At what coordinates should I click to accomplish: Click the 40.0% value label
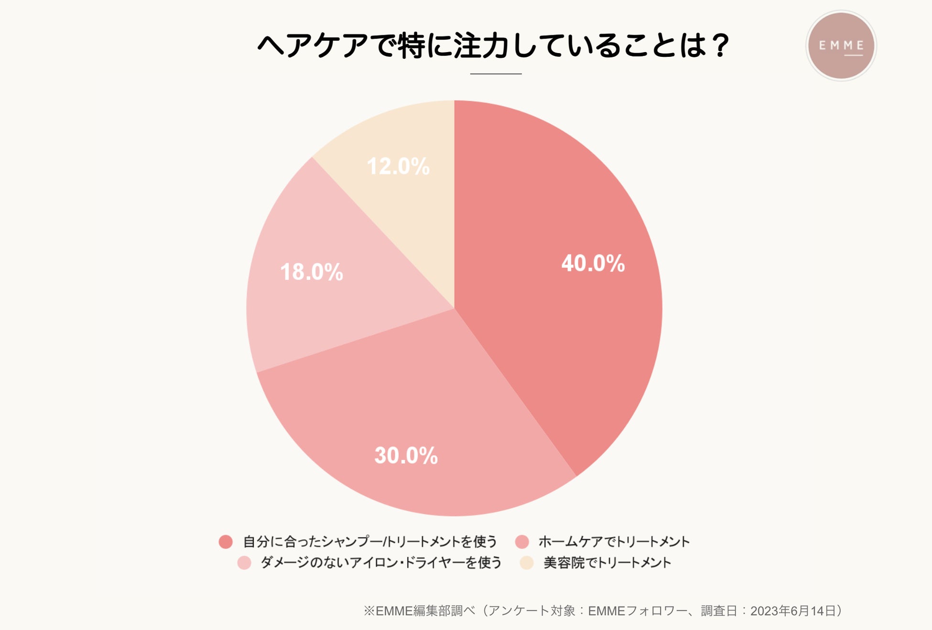(x=593, y=263)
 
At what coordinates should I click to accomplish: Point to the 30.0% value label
(x=406, y=456)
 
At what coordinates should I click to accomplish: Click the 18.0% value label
(x=312, y=272)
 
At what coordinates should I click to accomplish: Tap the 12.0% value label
(x=398, y=167)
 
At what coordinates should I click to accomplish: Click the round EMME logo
(x=841, y=46)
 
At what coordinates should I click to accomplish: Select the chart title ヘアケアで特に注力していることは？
(x=493, y=46)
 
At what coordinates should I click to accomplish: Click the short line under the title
(x=496, y=74)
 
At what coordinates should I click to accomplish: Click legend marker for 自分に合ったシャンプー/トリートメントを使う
(x=226, y=542)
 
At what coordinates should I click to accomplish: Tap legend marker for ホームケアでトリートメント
(x=522, y=542)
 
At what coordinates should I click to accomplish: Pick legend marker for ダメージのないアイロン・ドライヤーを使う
(x=244, y=563)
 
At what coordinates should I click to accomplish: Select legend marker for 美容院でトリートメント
(x=526, y=563)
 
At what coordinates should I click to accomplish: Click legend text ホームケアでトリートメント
(x=614, y=542)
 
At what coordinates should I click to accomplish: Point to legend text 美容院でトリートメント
(x=607, y=563)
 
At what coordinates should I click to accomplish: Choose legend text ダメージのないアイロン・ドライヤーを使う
(x=381, y=563)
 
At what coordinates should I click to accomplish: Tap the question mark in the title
(x=719, y=46)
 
